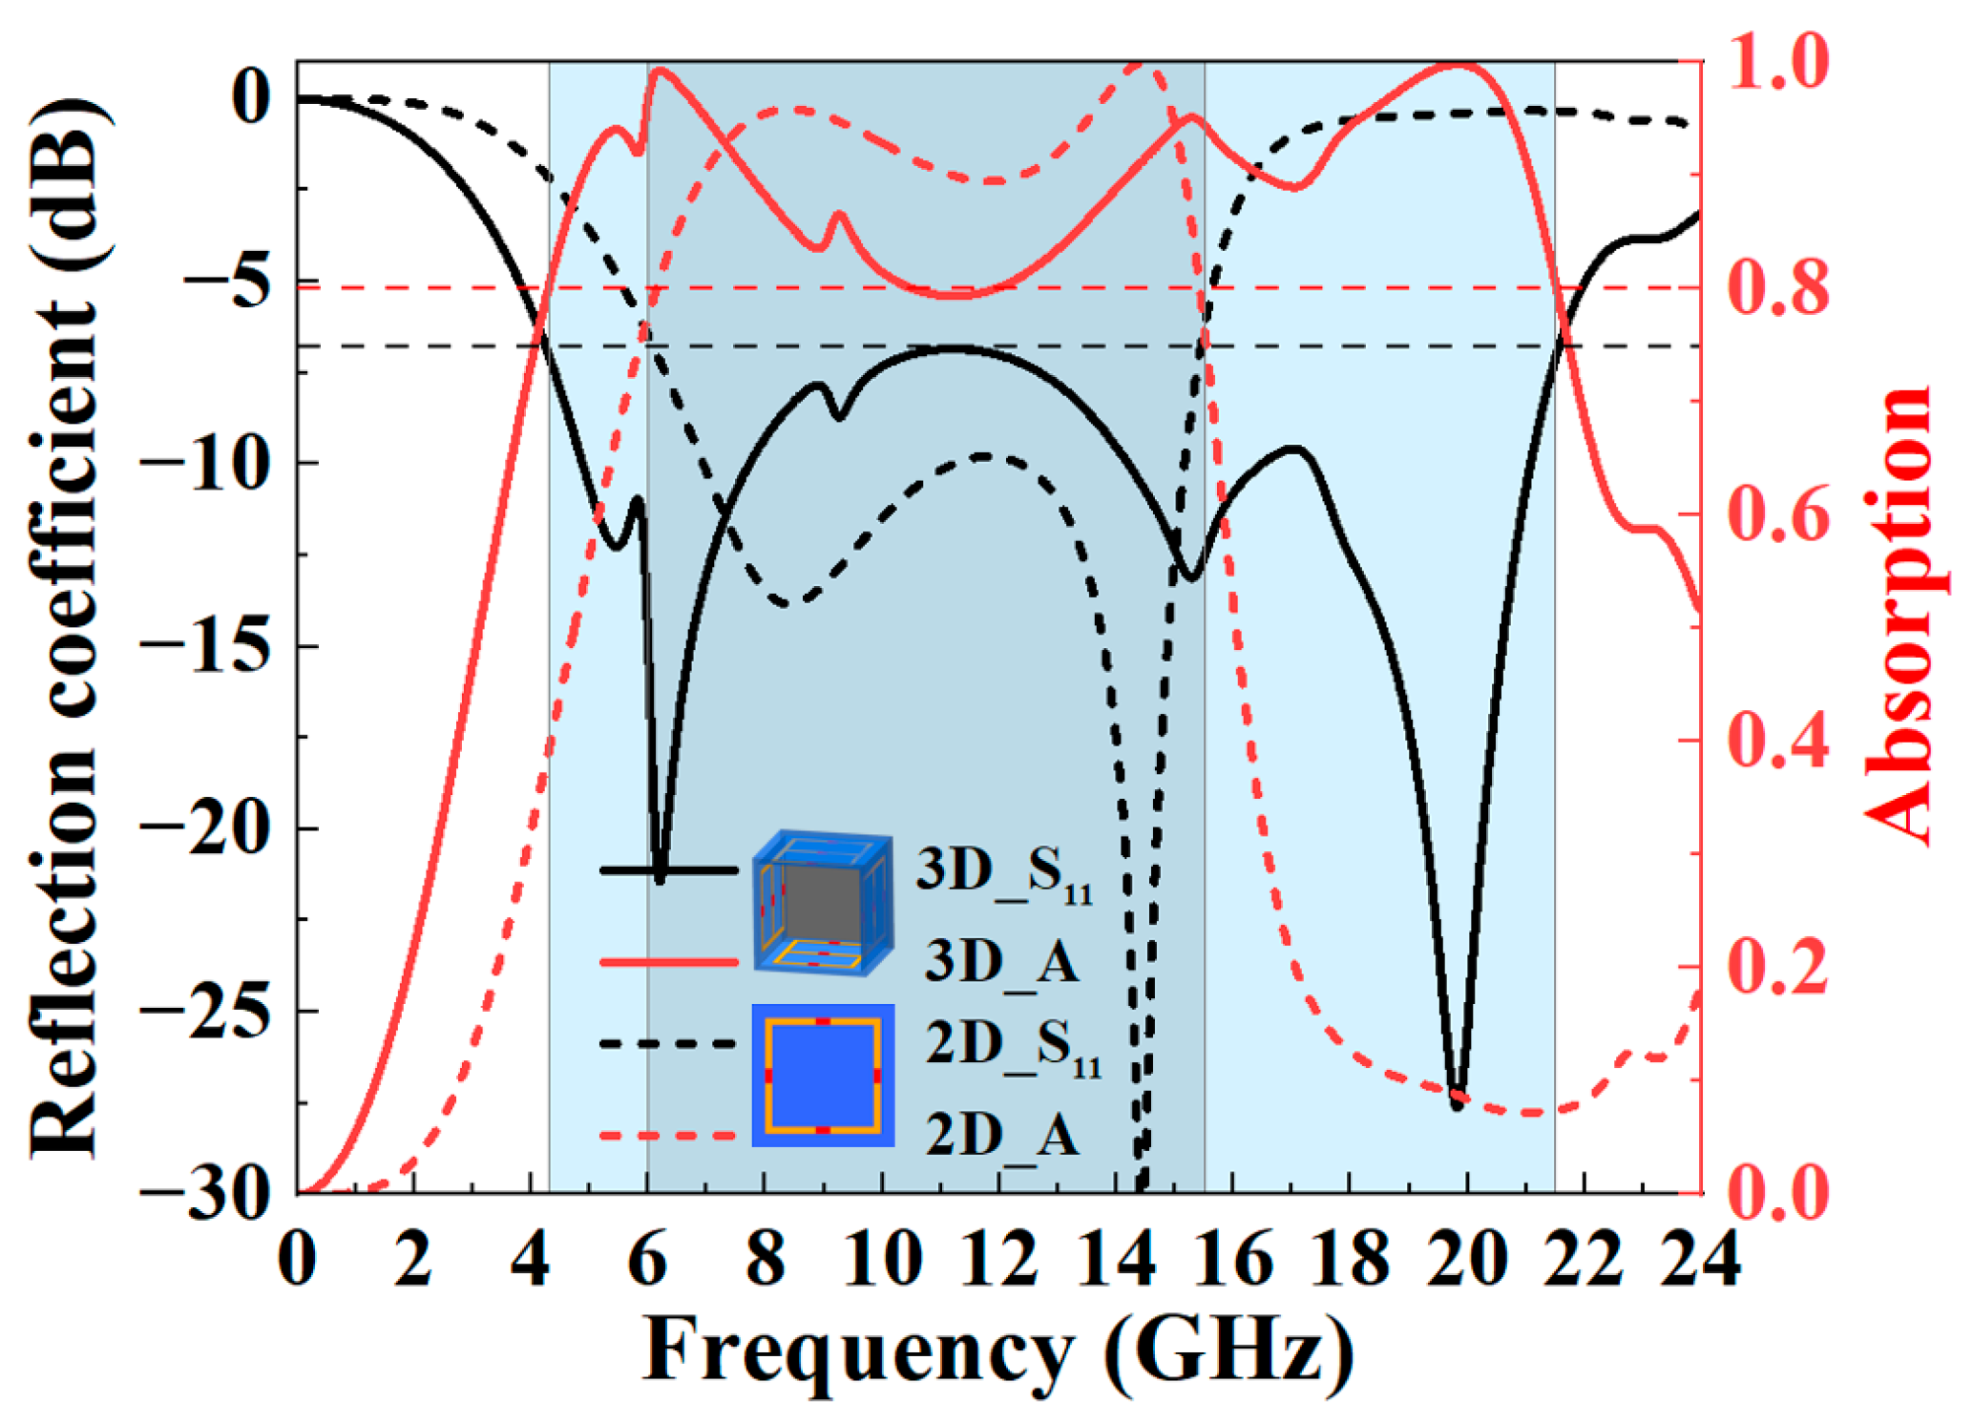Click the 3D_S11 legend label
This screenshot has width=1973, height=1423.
[x=1002, y=871]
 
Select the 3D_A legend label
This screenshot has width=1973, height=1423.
[x=1002, y=960]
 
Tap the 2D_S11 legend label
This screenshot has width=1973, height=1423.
[x=1012, y=1046]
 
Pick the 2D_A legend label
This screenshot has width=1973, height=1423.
[x=1002, y=1135]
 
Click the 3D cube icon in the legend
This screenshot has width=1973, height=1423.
[x=823, y=902]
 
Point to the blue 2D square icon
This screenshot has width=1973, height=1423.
[x=823, y=1076]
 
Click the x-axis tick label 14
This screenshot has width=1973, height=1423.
[x=1115, y=1260]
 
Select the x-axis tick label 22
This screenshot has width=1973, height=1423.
[x=1583, y=1260]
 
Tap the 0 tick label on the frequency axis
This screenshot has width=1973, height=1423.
[x=297, y=1260]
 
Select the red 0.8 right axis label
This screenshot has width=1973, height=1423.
[x=1777, y=287]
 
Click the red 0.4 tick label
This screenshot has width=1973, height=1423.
[x=1777, y=741]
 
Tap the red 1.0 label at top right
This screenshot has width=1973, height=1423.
[x=1777, y=63]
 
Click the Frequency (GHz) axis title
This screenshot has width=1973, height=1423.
[x=998, y=1352]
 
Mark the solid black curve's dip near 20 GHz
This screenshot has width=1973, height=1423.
[x=1457, y=1105]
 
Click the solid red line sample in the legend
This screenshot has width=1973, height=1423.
[x=668, y=961]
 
